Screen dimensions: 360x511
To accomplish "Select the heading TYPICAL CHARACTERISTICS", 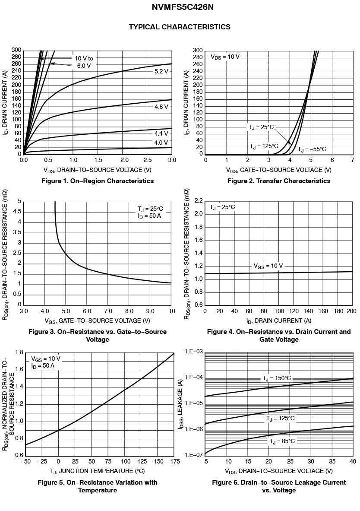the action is [x=180, y=27].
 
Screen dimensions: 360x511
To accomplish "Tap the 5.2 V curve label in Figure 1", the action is [x=161, y=71].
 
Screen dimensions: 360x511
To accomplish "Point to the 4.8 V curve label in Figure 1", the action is [x=161, y=107].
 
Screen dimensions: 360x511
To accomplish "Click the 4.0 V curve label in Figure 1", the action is [x=161, y=143].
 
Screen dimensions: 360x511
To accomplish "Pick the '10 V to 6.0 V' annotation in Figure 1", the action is [x=84, y=62].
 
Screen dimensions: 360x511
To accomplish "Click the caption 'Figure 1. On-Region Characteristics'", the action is [x=98, y=181].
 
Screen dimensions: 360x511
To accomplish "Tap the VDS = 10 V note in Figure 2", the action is [x=225, y=57].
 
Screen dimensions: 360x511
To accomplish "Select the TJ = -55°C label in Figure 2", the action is [x=312, y=149].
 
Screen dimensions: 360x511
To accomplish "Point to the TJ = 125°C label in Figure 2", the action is [x=264, y=146].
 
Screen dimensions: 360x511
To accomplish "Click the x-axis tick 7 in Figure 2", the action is [x=353, y=160].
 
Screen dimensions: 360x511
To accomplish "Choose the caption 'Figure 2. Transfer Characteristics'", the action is [x=279, y=181].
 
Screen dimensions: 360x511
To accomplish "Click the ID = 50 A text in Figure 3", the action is [x=149, y=216].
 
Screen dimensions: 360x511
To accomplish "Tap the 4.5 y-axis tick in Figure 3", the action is [x=17, y=212].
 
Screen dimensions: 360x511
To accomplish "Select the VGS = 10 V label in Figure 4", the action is [x=268, y=266].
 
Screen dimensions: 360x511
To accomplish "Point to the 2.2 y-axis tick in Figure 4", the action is [x=199, y=201].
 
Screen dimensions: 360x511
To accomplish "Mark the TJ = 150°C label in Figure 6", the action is [x=277, y=378].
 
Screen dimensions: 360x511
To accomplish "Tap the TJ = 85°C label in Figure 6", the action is [x=282, y=441].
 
